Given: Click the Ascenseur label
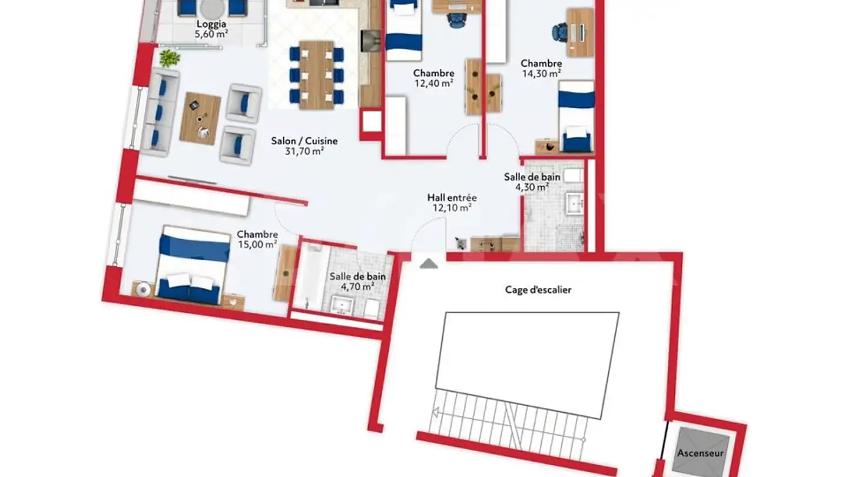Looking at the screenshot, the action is (700, 453).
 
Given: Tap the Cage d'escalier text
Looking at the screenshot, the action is (538, 290).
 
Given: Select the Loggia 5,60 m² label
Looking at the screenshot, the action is (211, 29).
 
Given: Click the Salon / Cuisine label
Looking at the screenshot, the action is (304, 141).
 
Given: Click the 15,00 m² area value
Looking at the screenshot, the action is (257, 244).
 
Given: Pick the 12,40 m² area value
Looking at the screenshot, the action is (433, 83).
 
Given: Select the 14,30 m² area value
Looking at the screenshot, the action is (541, 74).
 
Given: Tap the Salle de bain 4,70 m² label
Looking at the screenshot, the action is (357, 281).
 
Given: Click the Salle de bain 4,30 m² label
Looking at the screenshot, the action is (532, 182).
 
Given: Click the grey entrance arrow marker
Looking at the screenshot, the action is (429, 263).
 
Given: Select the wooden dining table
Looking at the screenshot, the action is (316, 75).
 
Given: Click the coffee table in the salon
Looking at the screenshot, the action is (200, 118).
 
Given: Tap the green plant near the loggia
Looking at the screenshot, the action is (170, 59).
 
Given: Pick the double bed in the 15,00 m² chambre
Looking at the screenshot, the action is (193, 265).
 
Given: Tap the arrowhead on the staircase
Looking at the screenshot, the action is (436, 412).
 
